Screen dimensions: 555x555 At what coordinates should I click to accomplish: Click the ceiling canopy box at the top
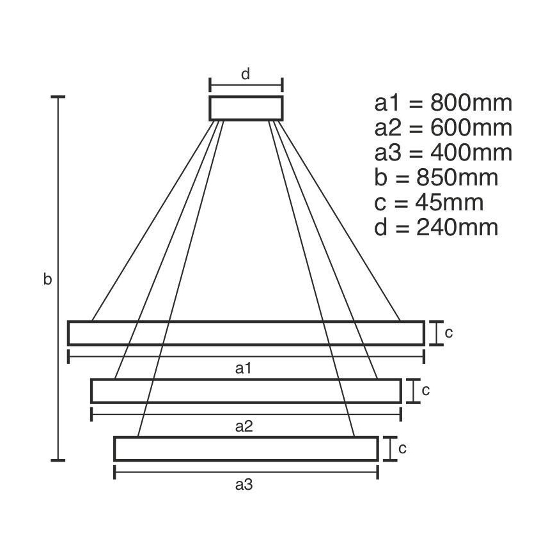[246, 108]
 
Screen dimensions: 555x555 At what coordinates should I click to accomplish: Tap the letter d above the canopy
[246, 74]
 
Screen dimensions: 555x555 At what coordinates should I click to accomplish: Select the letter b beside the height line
[47, 279]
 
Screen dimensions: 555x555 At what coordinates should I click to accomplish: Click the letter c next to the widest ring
[449, 332]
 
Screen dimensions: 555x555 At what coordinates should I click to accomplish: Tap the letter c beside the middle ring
[426, 390]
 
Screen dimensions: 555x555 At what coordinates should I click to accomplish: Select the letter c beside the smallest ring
[402, 448]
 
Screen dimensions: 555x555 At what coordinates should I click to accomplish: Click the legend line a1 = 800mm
[443, 103]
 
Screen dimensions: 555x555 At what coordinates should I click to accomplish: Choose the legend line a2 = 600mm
[443, 128]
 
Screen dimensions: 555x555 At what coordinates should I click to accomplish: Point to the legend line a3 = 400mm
[443, 153]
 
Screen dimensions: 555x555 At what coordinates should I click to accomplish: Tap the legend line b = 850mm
[436, 178]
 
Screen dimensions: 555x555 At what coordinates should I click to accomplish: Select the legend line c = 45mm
[428, 203]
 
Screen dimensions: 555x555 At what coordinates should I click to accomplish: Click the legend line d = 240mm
[436, 228]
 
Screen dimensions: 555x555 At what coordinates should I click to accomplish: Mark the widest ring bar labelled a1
[246, 333]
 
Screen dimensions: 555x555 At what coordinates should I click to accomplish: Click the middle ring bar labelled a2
[246, 391]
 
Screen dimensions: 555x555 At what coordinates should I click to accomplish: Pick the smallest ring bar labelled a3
[246, 448]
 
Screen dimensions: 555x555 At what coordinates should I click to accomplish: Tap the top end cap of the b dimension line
[59, 97]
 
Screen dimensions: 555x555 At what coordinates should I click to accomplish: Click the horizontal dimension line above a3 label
[246, 473]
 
